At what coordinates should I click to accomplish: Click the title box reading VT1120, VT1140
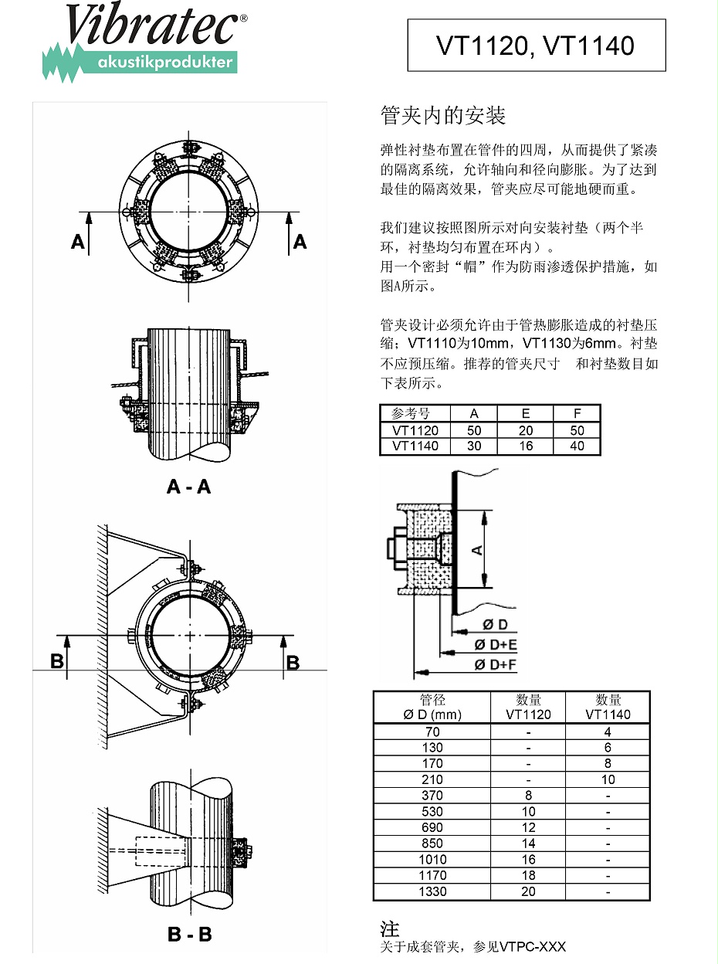pos(536,46)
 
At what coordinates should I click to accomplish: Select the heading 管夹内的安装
pos(443,116)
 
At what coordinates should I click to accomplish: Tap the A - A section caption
pos(188,487)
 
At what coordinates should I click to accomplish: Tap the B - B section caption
pos(189,934)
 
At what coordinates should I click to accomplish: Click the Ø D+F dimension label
pos(496,664)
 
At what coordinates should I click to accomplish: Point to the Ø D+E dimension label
pos(496,645)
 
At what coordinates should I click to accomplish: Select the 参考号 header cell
pos(415,413)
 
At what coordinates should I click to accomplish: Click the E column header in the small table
pos(526,413)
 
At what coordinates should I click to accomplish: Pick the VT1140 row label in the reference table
pos(415,446)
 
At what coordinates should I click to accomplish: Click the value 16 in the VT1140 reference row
pos(526,446)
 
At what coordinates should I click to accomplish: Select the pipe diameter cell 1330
pos(432,891)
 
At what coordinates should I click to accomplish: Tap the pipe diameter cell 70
pos(432,731)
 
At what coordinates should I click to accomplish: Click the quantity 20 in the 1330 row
pos(528,891)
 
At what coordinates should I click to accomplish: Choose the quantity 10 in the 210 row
pos(608,779)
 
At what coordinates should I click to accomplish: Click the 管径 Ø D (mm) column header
pos(432,707)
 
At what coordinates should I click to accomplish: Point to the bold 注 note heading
pos(390,928)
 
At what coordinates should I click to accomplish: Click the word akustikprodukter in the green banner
pos(165,63)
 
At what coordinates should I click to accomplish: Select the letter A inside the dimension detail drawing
pos(477,549)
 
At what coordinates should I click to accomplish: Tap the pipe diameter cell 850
pos(432,843)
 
